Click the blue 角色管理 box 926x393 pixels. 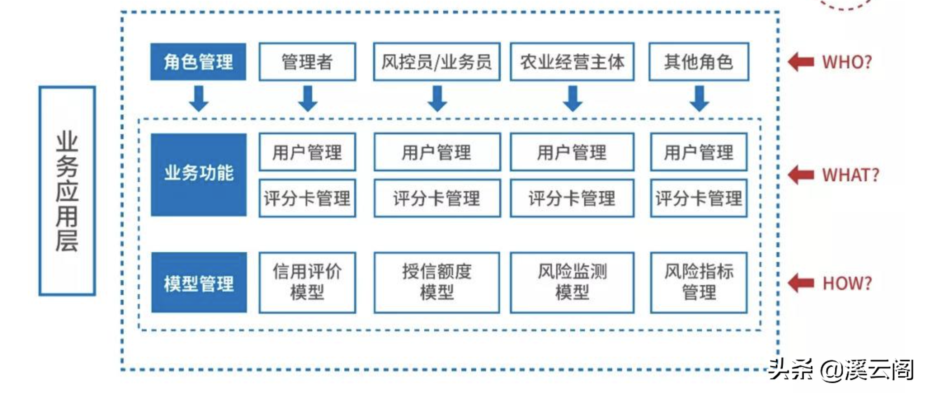point(198,61)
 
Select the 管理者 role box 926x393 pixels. point(307,61)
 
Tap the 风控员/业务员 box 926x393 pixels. point(437,61)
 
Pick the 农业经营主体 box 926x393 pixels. point(572,61)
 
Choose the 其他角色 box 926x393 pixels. point(699,61)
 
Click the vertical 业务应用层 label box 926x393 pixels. point(67,191)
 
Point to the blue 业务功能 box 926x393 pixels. point(199,175)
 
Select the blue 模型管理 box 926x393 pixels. point(199,283)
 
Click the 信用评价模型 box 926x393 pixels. point(307,283)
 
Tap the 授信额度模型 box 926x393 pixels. point(437,283)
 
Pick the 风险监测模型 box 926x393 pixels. point(572,283)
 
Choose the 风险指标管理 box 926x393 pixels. point(699,283)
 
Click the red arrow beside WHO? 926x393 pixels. point(801,62)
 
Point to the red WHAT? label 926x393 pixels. point(851,175)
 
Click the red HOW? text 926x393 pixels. point(847,283)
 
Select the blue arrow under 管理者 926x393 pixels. point(308,98)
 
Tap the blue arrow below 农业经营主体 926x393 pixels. point(573,98)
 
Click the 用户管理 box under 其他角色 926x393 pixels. point(699,152)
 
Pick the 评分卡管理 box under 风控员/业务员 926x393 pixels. point(437,198)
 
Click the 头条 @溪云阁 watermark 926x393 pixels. point(841,370)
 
